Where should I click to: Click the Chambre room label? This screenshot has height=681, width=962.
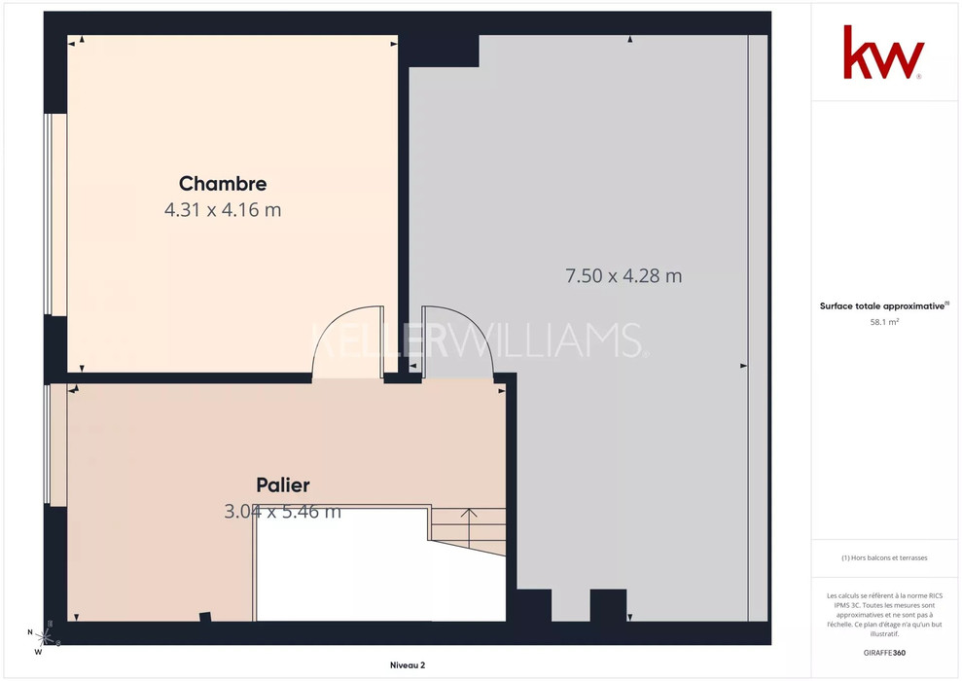[x=223, y=184]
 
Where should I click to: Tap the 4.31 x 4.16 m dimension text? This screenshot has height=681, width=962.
[x=223, y=210]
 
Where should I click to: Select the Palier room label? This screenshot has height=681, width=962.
[x=283, y=484]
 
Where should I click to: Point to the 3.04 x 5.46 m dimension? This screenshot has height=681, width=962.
[x=282, y=511]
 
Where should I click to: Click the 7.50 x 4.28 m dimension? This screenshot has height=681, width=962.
[x=624, y=275]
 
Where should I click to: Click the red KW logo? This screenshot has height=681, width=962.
[x=883, y=53]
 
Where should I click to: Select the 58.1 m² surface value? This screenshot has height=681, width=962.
[x=884, y=322]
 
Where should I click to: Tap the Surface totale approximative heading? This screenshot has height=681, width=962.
[x=883, y=306]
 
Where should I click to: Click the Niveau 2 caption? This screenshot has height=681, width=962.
[x=408, y=665]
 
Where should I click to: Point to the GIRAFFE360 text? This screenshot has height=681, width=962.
[x=884, y=653]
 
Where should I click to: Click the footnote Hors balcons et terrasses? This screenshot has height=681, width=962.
[x=884, y=557]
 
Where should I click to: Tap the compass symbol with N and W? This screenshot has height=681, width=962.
[x=43, y=637]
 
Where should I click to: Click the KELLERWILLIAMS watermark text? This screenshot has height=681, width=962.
[x=480, y=340]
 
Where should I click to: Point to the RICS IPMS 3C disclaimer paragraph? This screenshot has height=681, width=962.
[x=884, y=615]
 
